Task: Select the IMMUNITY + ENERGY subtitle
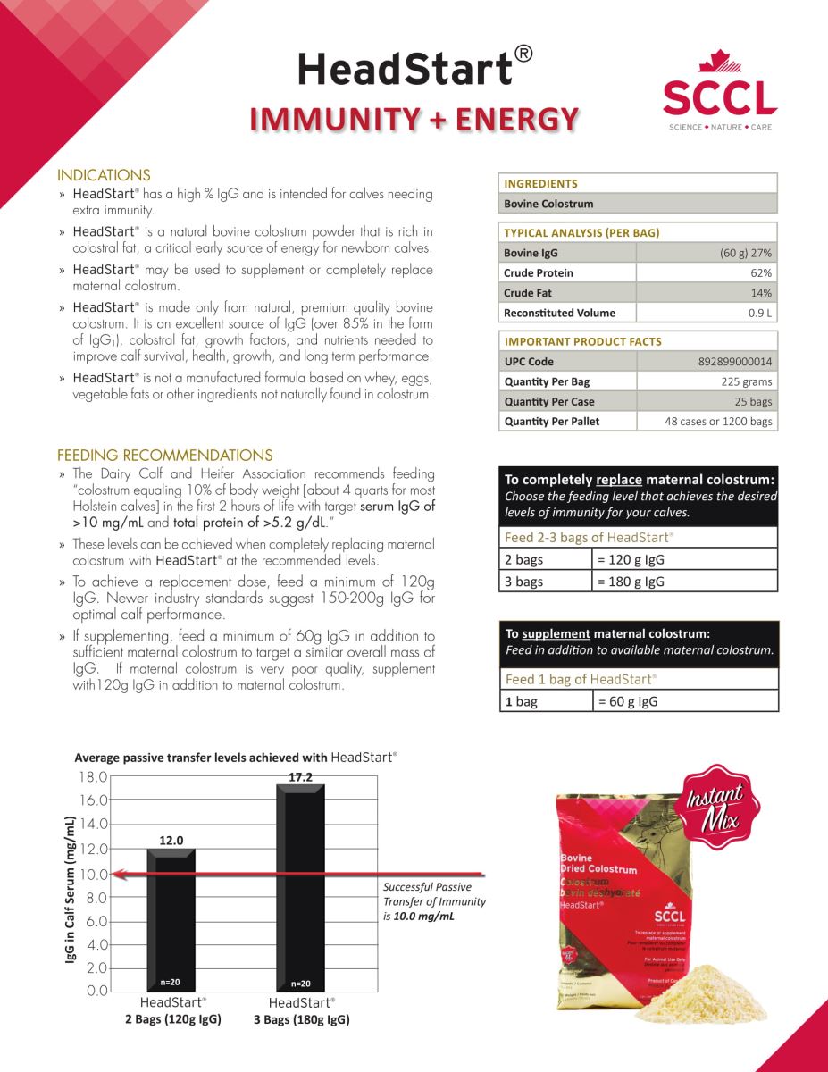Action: [414, 119]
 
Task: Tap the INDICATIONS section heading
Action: [104, 175]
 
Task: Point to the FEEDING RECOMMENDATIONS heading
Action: [165, 456]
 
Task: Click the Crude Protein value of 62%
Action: [761, 272]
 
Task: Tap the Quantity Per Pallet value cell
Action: [718, 422]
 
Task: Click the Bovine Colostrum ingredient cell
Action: [548, 204]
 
